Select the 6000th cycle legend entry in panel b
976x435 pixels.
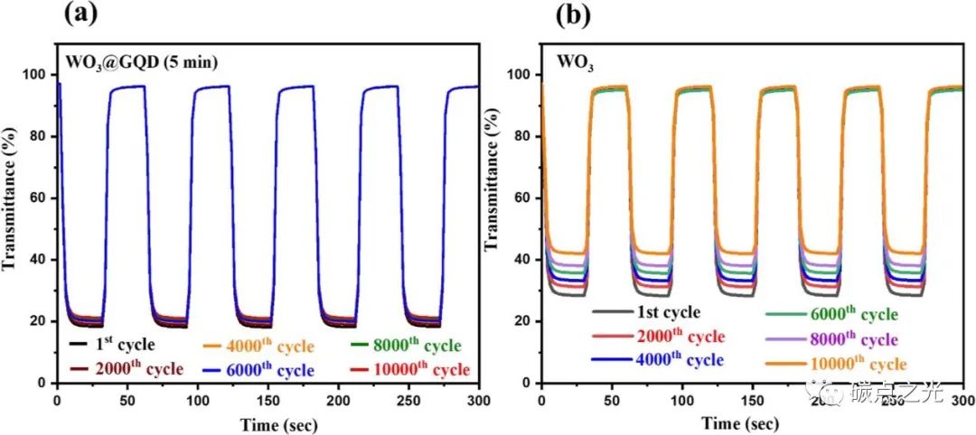click(832, 313)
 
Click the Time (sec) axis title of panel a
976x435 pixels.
click(268, 422)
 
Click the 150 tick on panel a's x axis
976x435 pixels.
click(268, 399)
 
